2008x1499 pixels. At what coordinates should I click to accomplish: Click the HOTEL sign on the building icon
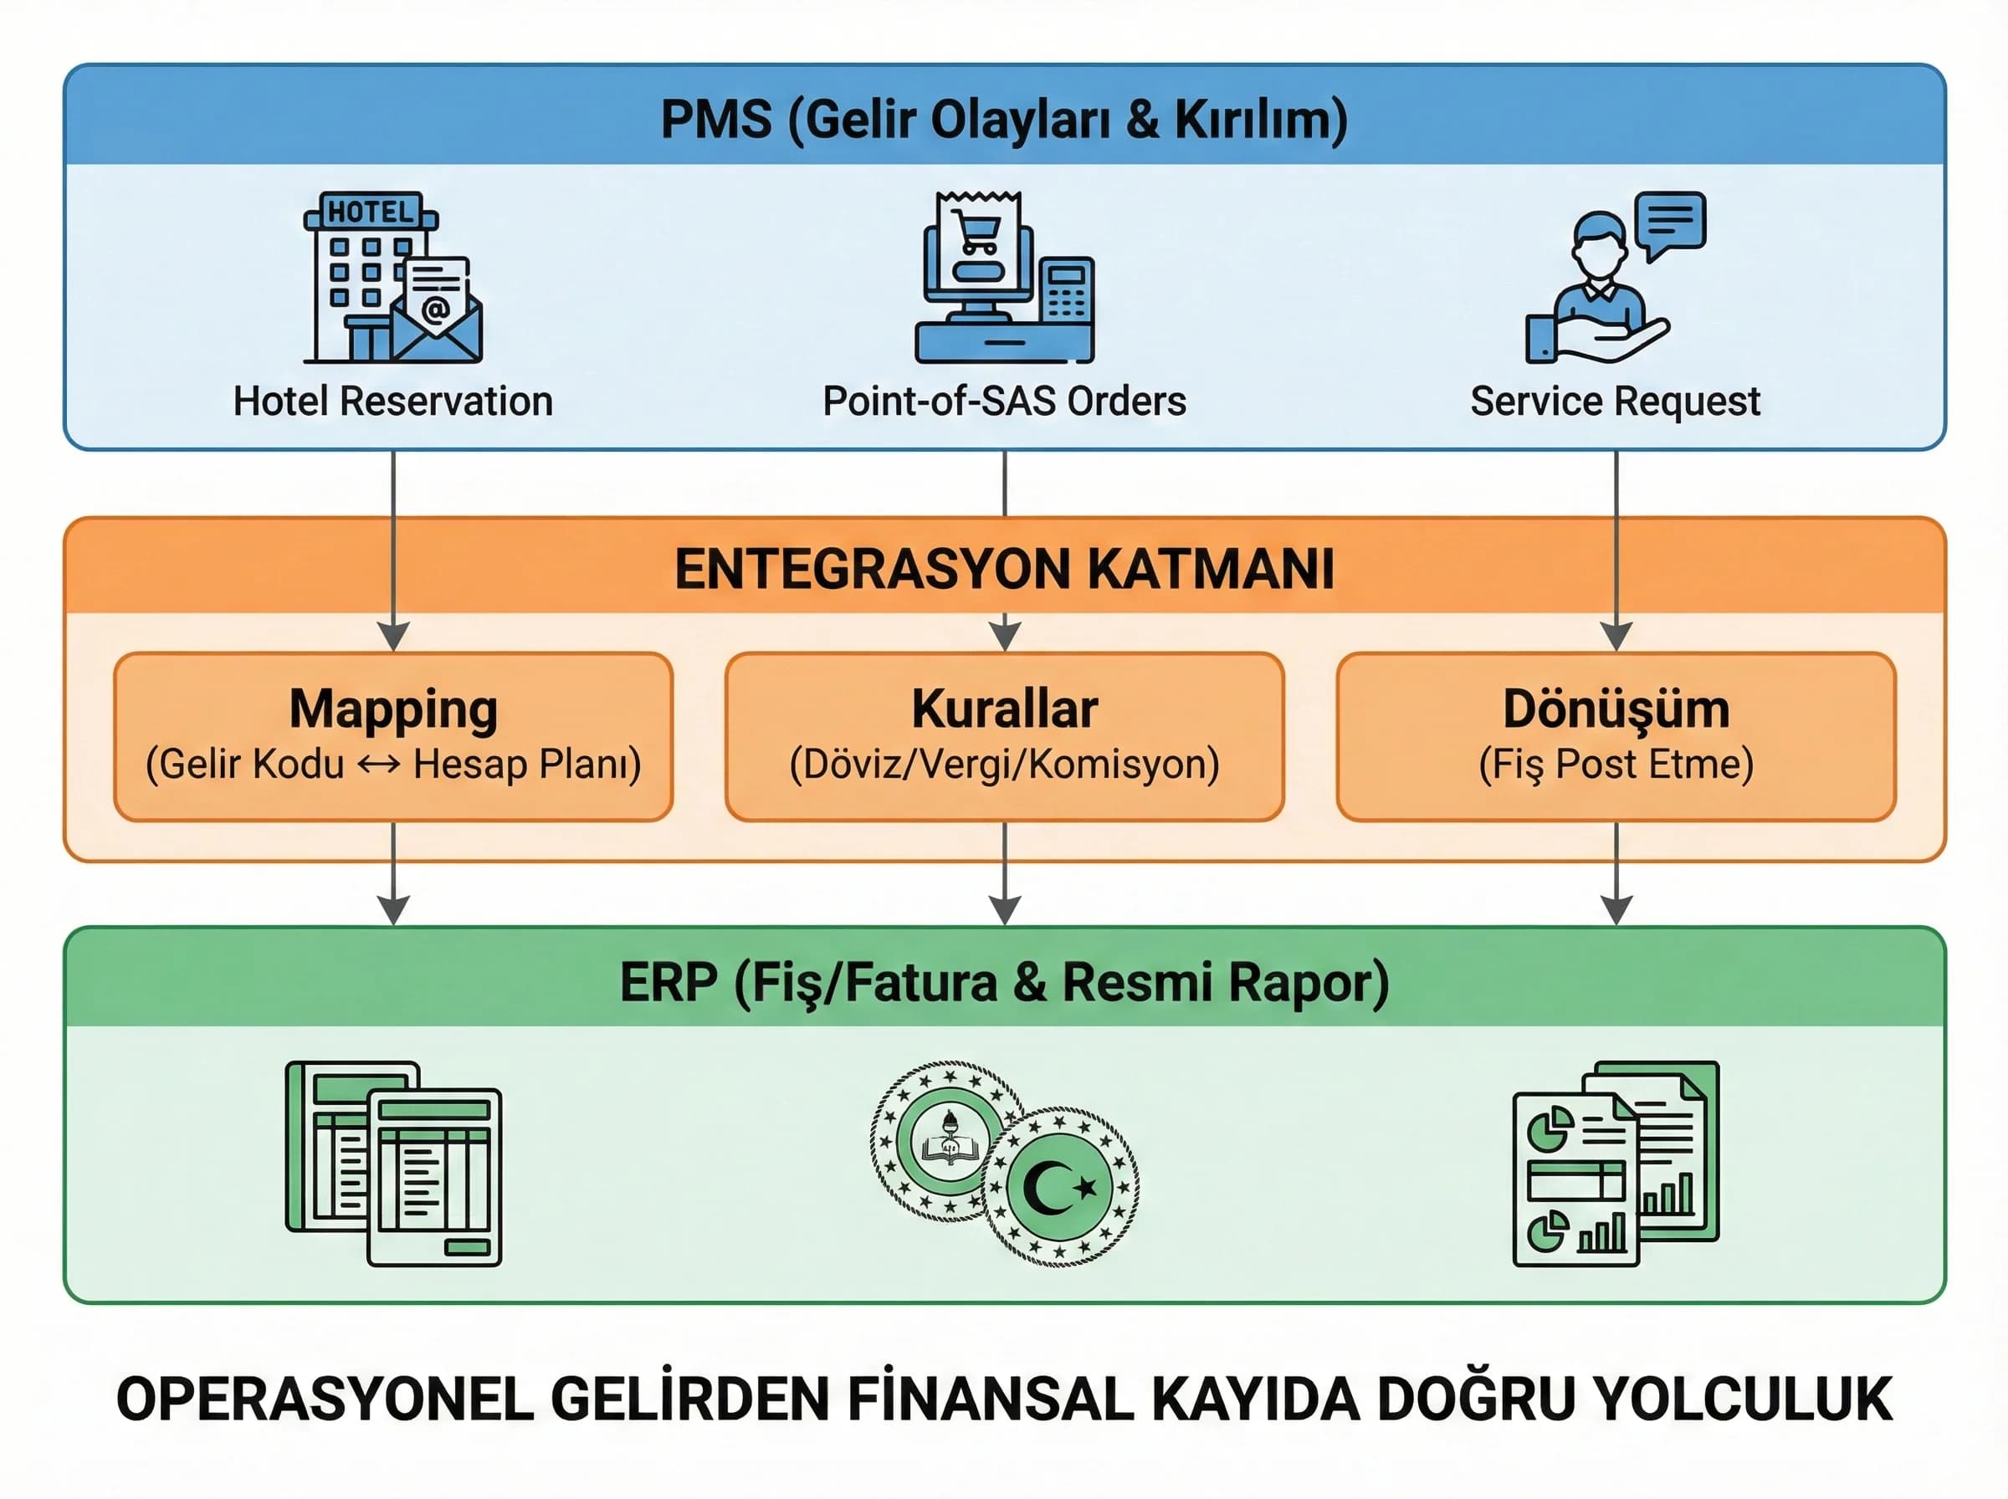(x=370, y=212)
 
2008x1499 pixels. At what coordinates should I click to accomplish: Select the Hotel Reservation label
(x=393, y=401)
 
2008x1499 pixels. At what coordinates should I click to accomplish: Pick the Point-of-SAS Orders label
(x=1003, y=401)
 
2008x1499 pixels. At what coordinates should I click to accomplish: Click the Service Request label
(x=1615, y=401)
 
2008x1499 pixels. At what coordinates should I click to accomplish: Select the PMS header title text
(x=1003, y=119)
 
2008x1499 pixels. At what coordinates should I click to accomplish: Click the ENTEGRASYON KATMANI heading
(x=1003, y=569)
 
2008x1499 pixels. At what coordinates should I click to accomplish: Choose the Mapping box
(x=393, y=736)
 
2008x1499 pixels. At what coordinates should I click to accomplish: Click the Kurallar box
(x=1003, y=736)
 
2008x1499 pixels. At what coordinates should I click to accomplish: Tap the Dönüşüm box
(x=1615, y=736)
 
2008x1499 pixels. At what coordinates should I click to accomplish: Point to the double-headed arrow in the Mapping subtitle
(x=378, y=765)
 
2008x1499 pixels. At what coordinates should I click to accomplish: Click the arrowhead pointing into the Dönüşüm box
(x=1616, y=636)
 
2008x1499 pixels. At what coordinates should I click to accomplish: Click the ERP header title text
(x=1003, y=982)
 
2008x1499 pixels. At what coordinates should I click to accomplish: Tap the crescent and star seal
(x=1060, y=1186)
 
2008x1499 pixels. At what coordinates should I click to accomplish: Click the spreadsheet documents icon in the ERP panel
(x=394, y=1164)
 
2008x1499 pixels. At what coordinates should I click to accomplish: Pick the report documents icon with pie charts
(x=1616, y=1164)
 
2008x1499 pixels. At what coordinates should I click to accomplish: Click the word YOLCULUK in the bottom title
(x=1743, y=1400)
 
